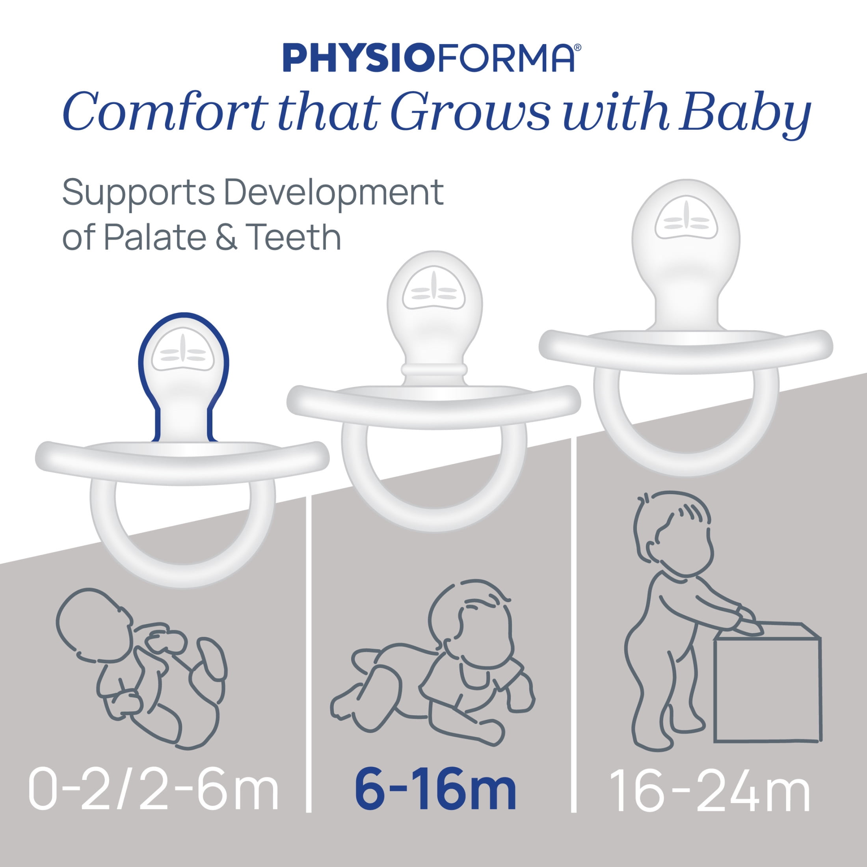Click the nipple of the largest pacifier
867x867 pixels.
(686, 256)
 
